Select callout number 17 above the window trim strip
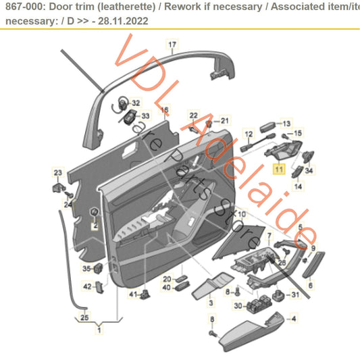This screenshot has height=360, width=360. tap(172, 45)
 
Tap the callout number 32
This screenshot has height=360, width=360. tap(136, 103)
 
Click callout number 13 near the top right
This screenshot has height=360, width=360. tap(286, 124)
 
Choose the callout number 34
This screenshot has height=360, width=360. tap(309, 171)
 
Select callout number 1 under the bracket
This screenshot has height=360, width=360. tap(100, 330)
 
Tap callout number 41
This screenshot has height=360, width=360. tap(133, 294)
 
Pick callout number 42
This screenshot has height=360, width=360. tap(87, 286)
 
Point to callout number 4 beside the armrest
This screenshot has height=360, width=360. tap(293, 317)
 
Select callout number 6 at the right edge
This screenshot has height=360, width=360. tap(310, 286)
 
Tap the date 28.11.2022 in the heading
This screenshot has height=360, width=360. tap(126, 21)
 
